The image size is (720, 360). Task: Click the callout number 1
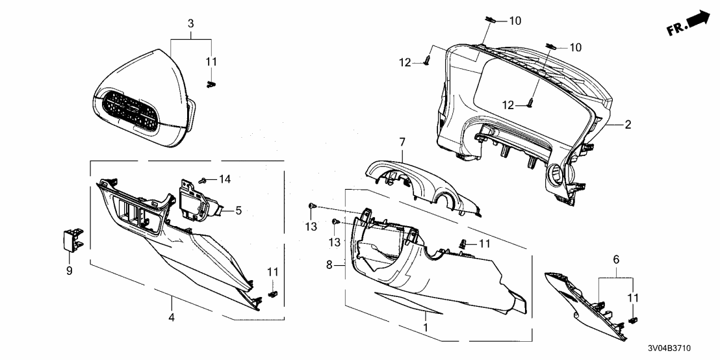coord(426,329)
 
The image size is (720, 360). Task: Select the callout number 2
coord(628,123)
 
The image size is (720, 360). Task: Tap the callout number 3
coord(190,23)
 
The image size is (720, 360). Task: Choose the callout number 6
coord(616,259)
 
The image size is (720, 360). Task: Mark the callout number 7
coord(402,141)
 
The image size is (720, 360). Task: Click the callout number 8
coord(329,265)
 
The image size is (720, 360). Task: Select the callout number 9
coord(70,270)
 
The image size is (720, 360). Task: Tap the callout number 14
coord(225,179)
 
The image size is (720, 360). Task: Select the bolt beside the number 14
coord(203,179)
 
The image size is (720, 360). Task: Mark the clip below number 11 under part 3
coord(210,84)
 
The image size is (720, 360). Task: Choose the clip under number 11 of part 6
coord(634,320)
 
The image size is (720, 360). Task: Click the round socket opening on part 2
coord(557,174)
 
